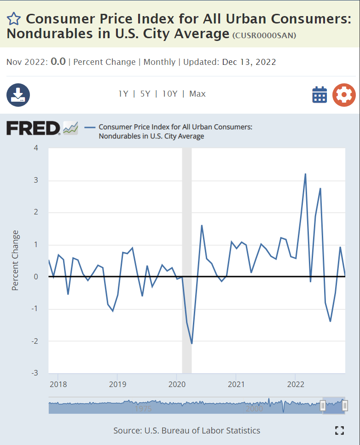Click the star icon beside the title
[x=14, y=19]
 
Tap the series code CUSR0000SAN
[x=264, y=35]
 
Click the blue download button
[x=18, y=95]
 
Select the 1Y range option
[x=123, y=94]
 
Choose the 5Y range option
[x=145, y=94]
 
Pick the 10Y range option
[x=170, y=94]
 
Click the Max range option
[x=197, y=94]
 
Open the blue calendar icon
[x=319, y=95]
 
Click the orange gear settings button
[x=344, y=95]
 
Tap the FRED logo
[x=33, y=128]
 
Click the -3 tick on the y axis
[x=35, y=373]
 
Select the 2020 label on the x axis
[x=177, y=384]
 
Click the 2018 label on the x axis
[x=58, y=384]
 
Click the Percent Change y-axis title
[x=16, y=260]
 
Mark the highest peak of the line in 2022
[x=305, y=174]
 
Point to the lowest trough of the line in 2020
[x=192, y=343]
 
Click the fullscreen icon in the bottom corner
[x=339, y=431]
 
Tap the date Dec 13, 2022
[x=249, y=62]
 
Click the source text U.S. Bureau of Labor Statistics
[x=202, y=431]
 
